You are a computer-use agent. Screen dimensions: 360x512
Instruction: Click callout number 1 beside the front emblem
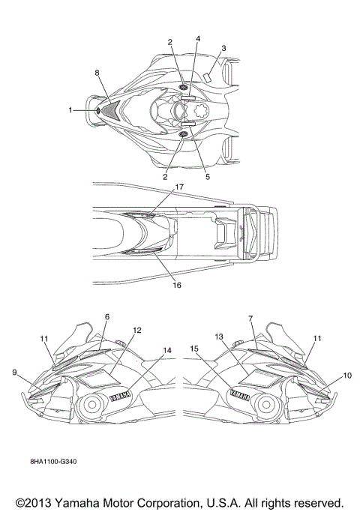point(70,110)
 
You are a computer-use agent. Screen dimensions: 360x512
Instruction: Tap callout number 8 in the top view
point(97,73)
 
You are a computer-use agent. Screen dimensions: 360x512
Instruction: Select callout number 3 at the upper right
point(223,48)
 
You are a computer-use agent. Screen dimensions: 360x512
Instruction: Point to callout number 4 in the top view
point(198,38)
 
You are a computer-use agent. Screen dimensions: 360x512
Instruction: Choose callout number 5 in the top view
point(208,177)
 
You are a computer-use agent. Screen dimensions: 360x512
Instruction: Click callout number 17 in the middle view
point(179,187)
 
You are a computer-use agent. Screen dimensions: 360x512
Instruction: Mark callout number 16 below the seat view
point(177,285)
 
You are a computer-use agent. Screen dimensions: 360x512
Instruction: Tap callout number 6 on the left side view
point(107,317)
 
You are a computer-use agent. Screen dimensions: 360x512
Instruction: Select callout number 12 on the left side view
point(137,330)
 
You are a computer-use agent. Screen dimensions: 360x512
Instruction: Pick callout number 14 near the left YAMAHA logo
point(167,350)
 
